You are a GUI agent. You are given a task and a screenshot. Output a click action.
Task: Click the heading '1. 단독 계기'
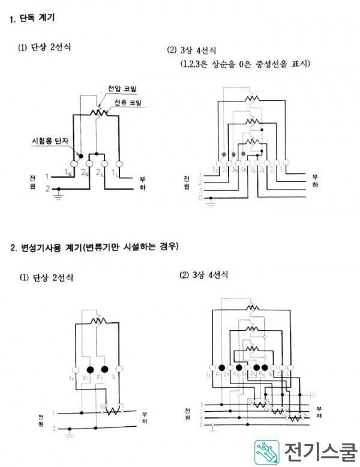tap(32, 19)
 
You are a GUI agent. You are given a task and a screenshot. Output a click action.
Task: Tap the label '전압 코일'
tap(122, 88)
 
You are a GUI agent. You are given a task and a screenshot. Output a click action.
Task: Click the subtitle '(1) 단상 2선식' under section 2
tap(44, 277)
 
